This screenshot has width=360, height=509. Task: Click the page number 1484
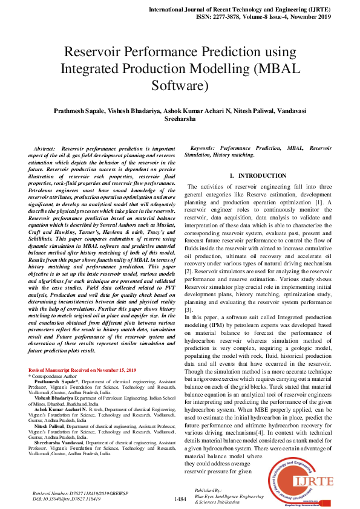[x=180, y=499]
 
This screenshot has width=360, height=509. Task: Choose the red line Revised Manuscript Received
[x=83, y=369]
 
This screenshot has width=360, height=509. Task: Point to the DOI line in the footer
[x=66, y=500]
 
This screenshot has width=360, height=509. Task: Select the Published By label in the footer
[x=209, y=490]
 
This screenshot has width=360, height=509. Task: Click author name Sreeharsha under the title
[x=180, y=120]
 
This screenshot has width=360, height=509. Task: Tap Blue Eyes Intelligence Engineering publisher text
[x=229, y=496]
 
